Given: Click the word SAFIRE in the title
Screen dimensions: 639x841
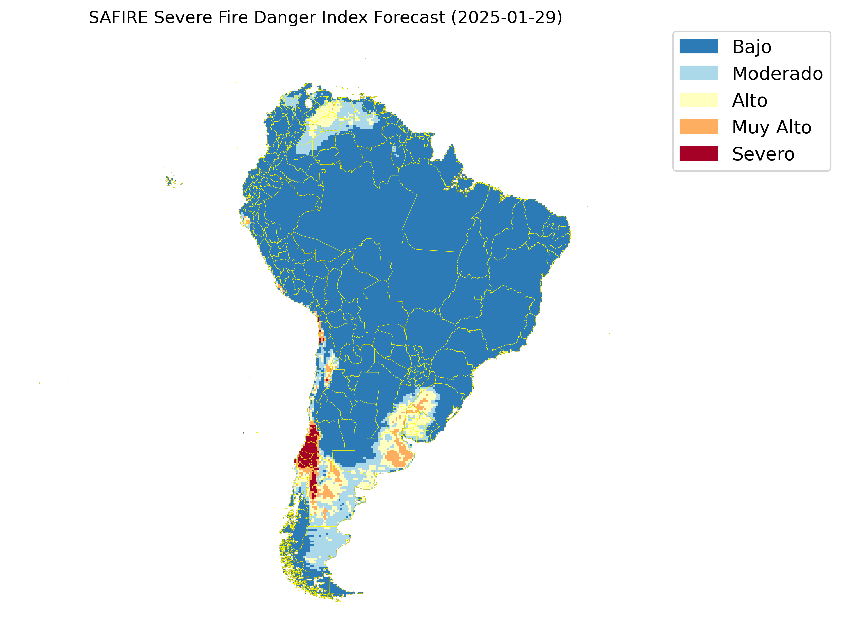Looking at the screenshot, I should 118,18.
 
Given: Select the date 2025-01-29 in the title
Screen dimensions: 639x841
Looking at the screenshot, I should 506,18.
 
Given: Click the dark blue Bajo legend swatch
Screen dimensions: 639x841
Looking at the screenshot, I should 698,46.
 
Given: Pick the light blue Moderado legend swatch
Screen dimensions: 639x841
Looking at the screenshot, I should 698,73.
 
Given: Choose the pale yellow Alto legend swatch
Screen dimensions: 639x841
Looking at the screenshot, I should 698,100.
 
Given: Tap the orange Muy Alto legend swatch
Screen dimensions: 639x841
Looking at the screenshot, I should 698,127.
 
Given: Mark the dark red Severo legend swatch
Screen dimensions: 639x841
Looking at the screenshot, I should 698,154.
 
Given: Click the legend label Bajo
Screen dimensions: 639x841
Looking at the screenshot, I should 752,47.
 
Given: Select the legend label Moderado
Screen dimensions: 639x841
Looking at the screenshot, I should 777,74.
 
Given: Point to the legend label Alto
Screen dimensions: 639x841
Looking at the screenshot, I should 749,100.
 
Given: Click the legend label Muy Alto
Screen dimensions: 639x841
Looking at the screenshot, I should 771,127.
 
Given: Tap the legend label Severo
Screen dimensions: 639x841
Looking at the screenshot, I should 763,154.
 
